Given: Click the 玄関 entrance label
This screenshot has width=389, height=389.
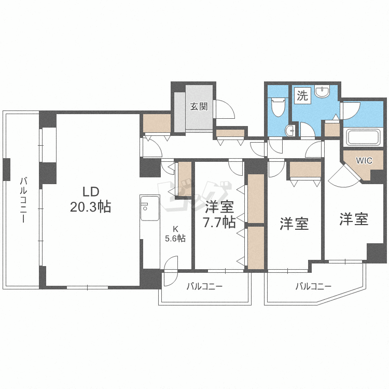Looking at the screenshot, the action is pos(199,107).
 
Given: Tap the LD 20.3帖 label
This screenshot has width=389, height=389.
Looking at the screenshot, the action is pos(91,199).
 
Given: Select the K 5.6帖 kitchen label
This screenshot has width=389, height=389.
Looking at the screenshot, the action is pos(175,234).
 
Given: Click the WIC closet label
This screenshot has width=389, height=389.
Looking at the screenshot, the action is pos(364,161).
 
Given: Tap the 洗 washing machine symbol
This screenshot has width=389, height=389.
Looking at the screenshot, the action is pos(303,95).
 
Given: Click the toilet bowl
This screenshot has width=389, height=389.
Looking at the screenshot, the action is pos(278,107).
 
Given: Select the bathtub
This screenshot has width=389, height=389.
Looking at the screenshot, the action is pos(363,137).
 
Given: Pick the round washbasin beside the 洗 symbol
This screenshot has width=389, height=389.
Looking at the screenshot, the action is pos(323,91).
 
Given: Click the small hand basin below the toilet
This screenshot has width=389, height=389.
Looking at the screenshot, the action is pos(290,131).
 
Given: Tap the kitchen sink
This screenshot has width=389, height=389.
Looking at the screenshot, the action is pos(150,208).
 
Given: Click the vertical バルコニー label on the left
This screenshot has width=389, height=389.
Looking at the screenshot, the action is pos(23,200).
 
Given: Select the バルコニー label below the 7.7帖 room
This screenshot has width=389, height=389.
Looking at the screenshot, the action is pos(205,286).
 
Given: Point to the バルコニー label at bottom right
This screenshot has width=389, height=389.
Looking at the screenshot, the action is pos(313,286).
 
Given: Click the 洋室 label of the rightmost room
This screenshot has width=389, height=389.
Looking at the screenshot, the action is pos(354,219).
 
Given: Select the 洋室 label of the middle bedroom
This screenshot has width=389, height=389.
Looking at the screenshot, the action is pos(294,224).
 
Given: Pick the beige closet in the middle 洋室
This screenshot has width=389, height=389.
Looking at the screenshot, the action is pos(305,170).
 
